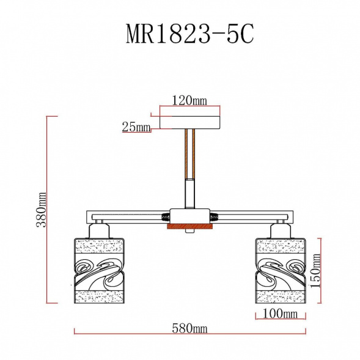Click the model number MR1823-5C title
click(189, 35)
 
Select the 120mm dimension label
click(189, 101)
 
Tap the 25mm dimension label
click(136, 127)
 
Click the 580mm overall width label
click(189, 329)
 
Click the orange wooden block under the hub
click(189, 227)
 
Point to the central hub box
click(189, 216)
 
